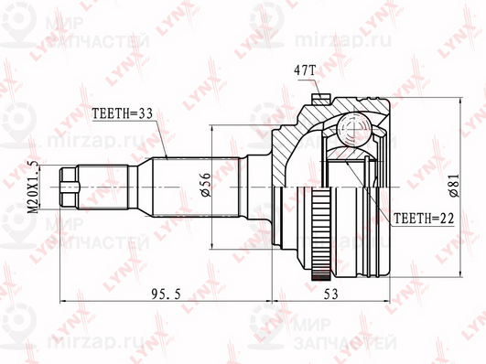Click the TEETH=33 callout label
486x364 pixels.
(x=123, y=113)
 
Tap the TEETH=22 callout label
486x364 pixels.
(x=424, y=219)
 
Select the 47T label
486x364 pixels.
(x=304, y=71)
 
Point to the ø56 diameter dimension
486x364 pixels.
(x=206, y=185)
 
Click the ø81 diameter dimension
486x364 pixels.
(x=454, y=185)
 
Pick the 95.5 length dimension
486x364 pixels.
(x=166, y=294)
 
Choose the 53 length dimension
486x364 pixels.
(x=330, y=294)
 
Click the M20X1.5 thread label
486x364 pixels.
(x=34, y=187)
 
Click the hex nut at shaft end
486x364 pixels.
(x=68, y=187)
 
